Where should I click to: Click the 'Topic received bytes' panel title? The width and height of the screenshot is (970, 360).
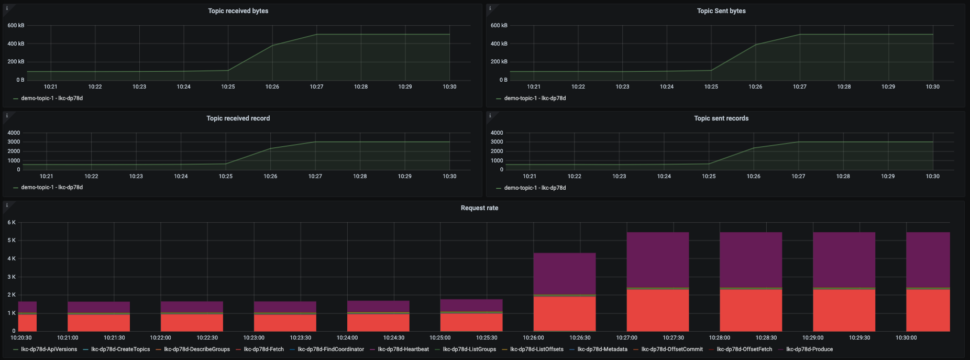tap(238, 11)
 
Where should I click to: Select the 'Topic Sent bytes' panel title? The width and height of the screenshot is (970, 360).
tap(721, 11)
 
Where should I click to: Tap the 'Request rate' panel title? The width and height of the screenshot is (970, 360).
tap(479, 208)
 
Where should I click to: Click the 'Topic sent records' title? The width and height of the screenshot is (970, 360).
tap(721, 118)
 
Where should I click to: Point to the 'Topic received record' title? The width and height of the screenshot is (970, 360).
tap(238, 118)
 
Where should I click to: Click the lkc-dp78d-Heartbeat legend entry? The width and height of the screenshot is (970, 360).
tap(403, 350)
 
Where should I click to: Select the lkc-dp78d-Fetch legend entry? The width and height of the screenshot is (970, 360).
tap(263, 350)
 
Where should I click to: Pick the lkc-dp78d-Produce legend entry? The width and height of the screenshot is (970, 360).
tap(809, 350)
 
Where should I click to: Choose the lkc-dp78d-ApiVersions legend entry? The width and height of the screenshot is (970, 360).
tap(49, 350)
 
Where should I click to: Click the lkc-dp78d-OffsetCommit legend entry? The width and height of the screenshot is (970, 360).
tap(671, 350)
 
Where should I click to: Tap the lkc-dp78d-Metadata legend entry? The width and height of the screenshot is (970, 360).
tap(602, 350)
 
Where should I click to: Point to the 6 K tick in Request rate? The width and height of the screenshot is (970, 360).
tap(12, 223)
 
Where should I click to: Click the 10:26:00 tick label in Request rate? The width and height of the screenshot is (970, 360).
tap(533, 338)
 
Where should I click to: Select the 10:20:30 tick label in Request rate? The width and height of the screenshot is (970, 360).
tap(21, 338)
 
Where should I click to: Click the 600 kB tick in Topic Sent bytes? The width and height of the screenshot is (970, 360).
tap(499, 26)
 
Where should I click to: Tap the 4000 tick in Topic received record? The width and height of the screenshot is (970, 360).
tap(14, 133)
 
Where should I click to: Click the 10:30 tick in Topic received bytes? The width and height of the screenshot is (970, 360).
tap(449, 87)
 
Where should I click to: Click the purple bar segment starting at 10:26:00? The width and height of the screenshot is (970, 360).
tap(564, 274)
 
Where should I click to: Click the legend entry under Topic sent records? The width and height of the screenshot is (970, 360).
tap(534, 188)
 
